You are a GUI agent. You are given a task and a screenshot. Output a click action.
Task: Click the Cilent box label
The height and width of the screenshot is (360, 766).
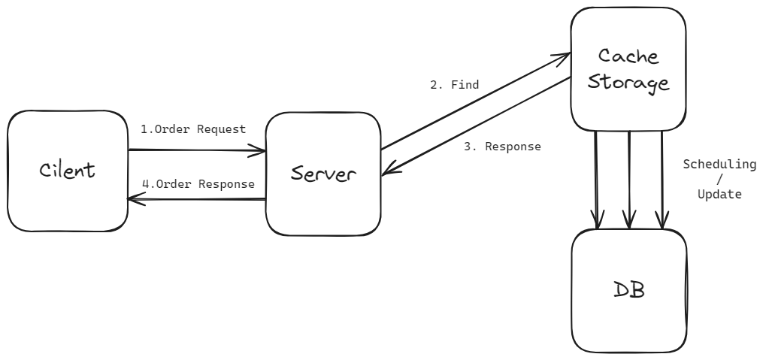[x=67, y=170]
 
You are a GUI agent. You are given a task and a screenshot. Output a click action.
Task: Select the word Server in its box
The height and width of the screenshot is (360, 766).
[x=323, y=174]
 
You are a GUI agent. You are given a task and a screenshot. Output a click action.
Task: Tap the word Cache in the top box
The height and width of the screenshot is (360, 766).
[x=628, y=56]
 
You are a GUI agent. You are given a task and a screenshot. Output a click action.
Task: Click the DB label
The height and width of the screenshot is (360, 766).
[x=628, y=289]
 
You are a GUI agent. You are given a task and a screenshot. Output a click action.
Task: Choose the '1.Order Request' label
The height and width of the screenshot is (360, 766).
[x=193, y=129]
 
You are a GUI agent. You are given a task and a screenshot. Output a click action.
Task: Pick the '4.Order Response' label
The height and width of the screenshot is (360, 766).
[x=198, y=183]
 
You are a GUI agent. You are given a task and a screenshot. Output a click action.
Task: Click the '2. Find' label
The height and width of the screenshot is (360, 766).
[x=454, y=85]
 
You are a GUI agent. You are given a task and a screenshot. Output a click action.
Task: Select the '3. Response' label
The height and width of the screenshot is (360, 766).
[x=502, y=147]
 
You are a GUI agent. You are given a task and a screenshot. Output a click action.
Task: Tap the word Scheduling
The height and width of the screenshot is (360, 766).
[x=719, y=164]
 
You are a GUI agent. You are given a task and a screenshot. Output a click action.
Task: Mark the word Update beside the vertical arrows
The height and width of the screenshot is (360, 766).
[x=719, y=194]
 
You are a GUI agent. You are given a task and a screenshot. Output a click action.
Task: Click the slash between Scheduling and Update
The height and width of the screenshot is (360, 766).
[x=719, y=179]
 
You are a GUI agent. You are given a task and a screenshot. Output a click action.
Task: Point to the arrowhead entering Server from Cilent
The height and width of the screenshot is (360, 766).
[x=262, y=151]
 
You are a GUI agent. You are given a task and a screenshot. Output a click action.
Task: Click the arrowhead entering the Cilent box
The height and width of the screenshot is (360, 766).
[x=133, y=199]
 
